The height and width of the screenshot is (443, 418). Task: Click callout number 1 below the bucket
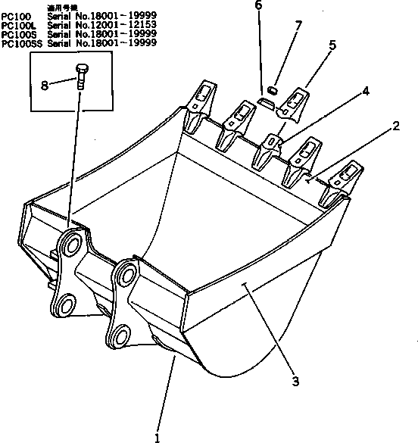(x=157, y=436)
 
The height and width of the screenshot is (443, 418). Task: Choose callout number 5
(x=331, y=45)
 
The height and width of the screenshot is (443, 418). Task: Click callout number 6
(x=258, y=6)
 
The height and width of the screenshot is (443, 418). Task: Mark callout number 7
(x=298, y=27)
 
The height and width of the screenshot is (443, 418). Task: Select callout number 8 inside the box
(x=44, y=86)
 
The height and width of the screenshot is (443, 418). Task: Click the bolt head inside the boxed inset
(x=81, y=71)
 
